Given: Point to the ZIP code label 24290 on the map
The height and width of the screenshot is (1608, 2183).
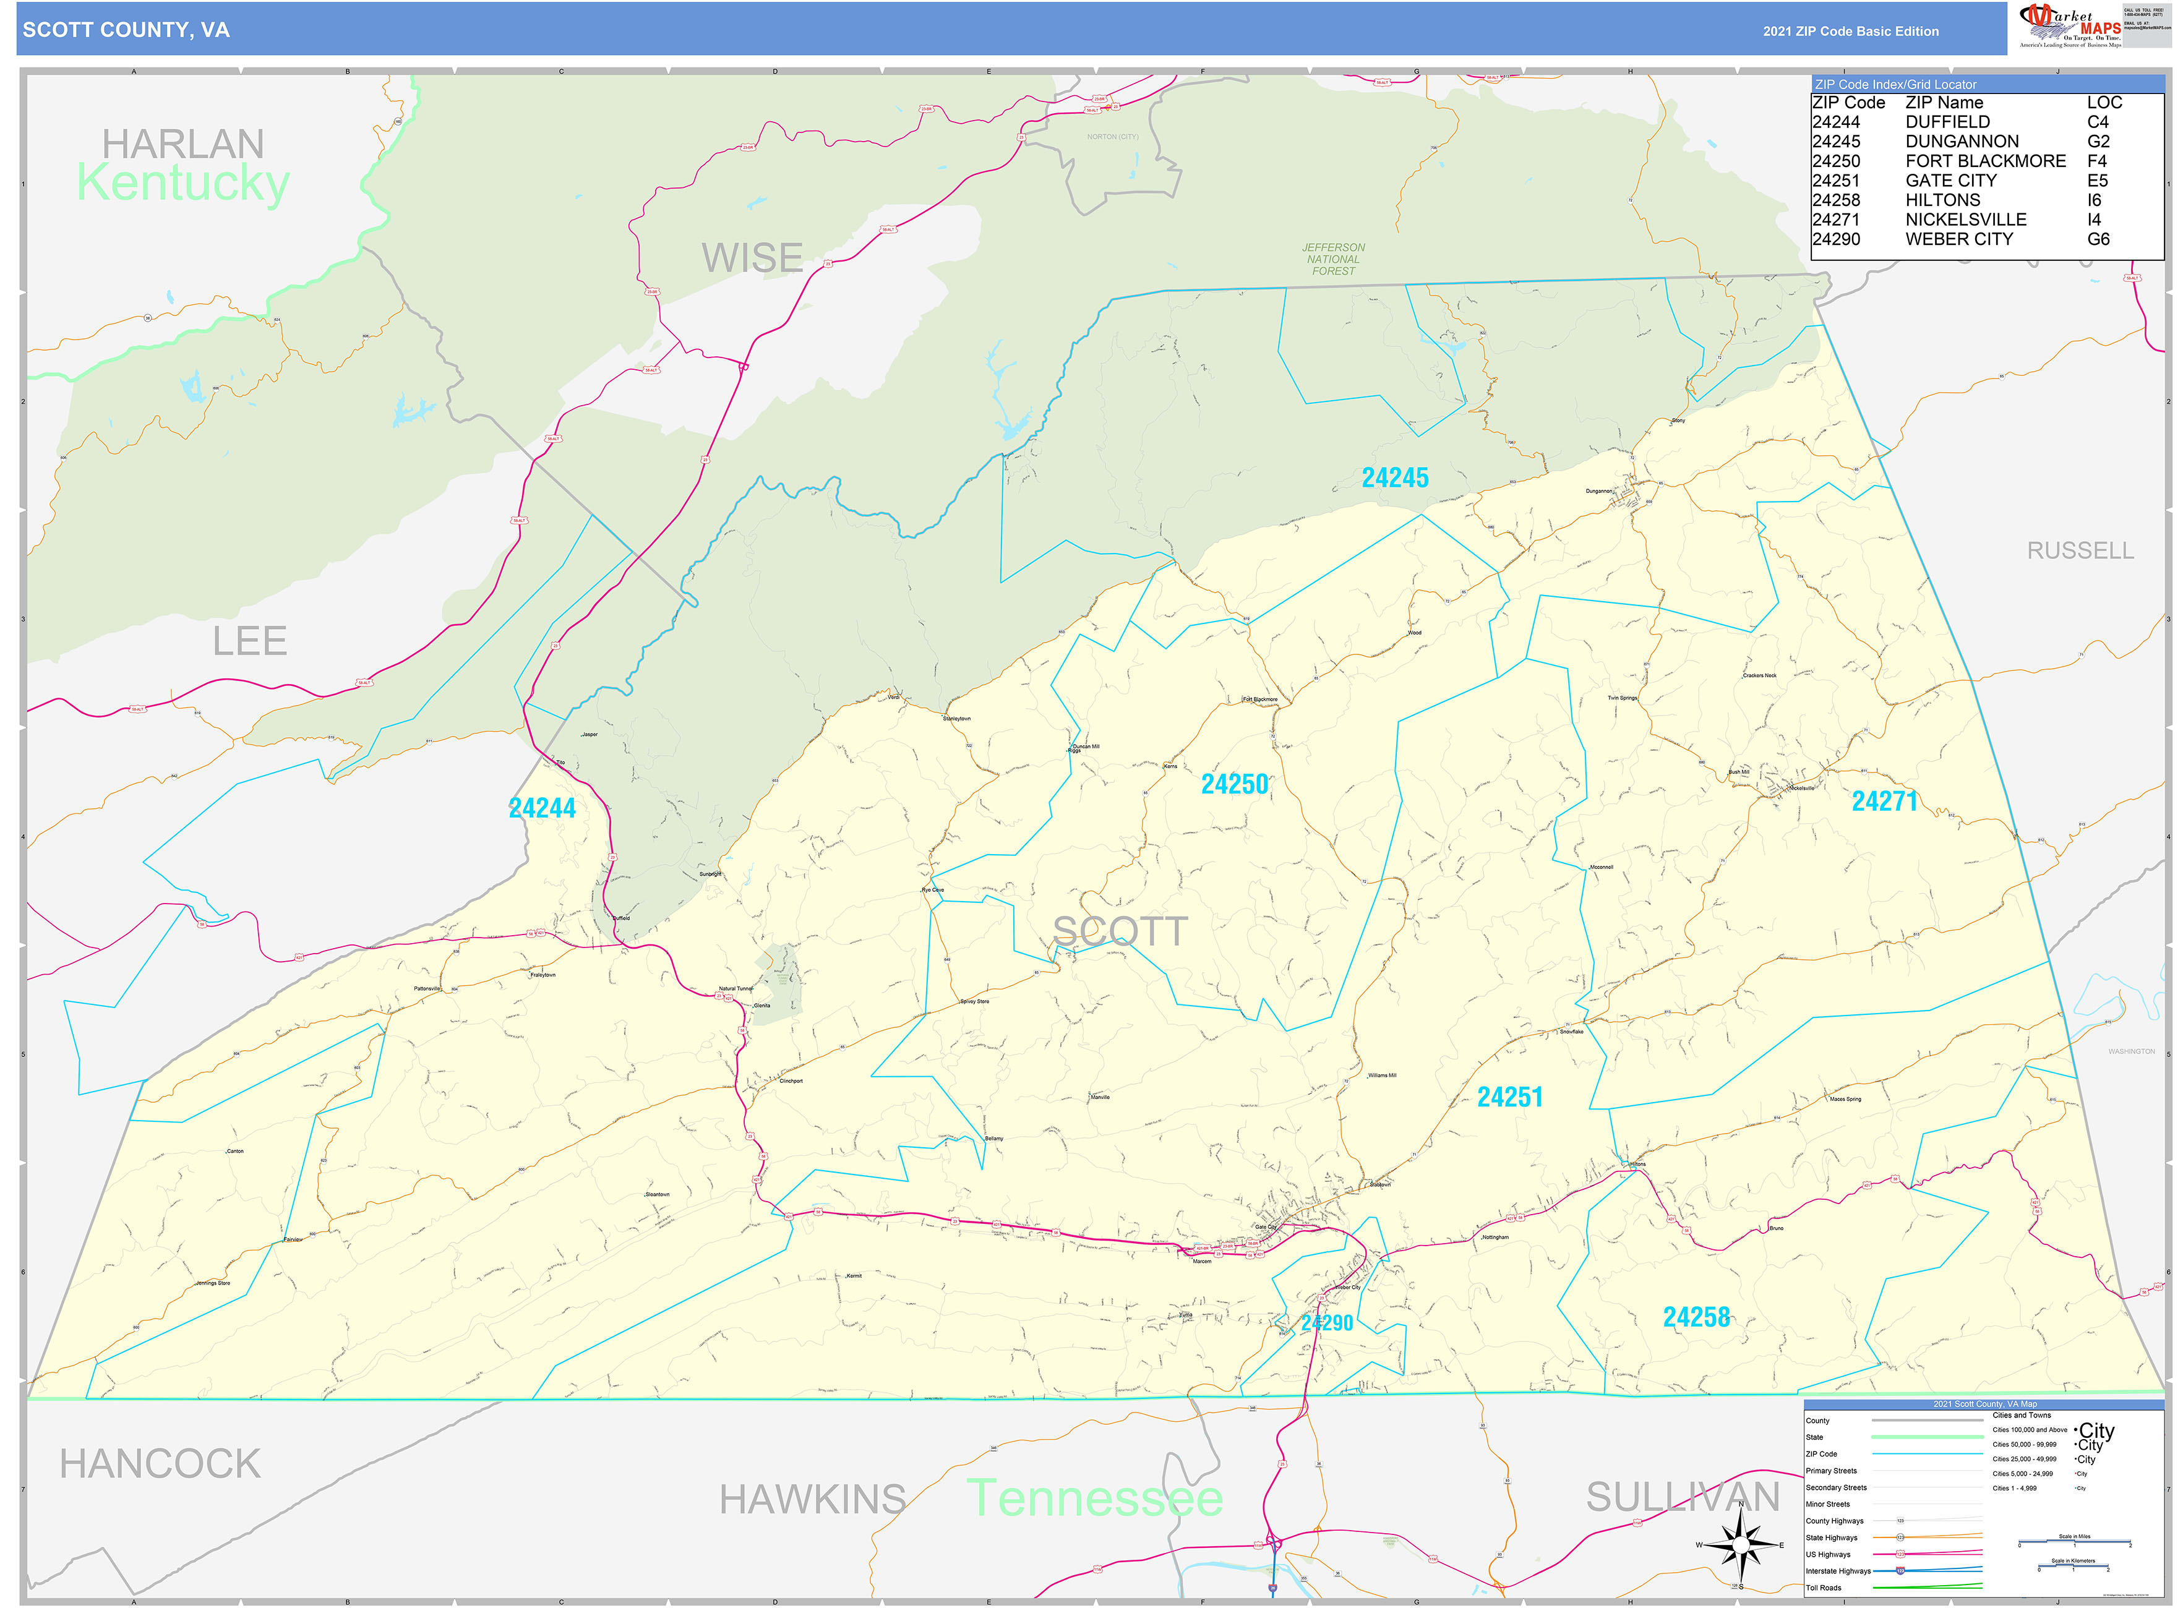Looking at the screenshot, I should click(x=1326, y=1323).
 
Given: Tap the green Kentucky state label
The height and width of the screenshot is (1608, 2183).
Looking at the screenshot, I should click(x=183, y=183).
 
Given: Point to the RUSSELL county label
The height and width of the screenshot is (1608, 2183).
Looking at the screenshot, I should click(x=2079, y=551).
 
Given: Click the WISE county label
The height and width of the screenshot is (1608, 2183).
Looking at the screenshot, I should click(x=752, y=258).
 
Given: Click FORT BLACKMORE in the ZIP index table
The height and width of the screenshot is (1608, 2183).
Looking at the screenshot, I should click(x=1984, y=161).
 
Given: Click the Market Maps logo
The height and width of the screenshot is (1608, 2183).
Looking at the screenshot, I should click(x=2070, y=26).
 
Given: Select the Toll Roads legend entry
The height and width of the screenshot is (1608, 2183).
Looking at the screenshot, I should click(x=1824, y=1588).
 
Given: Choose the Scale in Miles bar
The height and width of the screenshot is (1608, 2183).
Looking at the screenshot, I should click(x=2074, y=1543).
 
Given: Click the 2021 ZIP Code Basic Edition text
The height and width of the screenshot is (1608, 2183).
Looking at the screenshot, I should click(x=1850, y=31).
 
